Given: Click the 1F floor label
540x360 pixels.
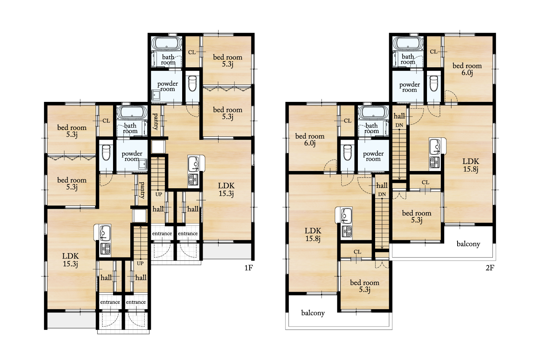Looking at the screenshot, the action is coord(248,267).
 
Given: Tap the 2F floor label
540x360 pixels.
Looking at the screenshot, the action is coord(490,267).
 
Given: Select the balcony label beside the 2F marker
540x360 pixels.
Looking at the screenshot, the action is coord(468,244).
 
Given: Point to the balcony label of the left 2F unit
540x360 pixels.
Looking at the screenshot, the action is coord(313,313).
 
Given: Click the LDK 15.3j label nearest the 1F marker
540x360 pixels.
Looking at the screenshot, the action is coord(226,189).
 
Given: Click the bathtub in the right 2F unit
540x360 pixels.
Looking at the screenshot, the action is coord(408,44).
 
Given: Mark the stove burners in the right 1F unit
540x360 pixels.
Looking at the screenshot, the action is coord(193,179).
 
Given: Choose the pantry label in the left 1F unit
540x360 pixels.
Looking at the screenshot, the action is coord(142,190).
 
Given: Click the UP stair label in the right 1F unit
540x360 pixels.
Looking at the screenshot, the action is coord(159,194).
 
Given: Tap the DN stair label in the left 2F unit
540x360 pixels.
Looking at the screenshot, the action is coord(382,194).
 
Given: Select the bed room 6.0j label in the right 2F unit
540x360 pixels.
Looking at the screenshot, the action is coord(467,69).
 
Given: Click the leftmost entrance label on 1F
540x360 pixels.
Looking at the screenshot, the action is coord(110,302).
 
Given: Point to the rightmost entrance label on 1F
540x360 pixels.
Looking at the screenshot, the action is coord(188,233).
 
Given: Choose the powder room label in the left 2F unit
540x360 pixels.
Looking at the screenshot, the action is coord(373,156).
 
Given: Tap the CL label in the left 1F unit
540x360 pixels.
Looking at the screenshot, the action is coord(106,121).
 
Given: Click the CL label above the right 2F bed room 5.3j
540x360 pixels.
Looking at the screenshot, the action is coord(426,183).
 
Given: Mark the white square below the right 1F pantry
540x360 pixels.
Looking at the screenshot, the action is coord(158,147).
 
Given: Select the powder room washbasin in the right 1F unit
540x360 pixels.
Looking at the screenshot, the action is coord(156,95).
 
